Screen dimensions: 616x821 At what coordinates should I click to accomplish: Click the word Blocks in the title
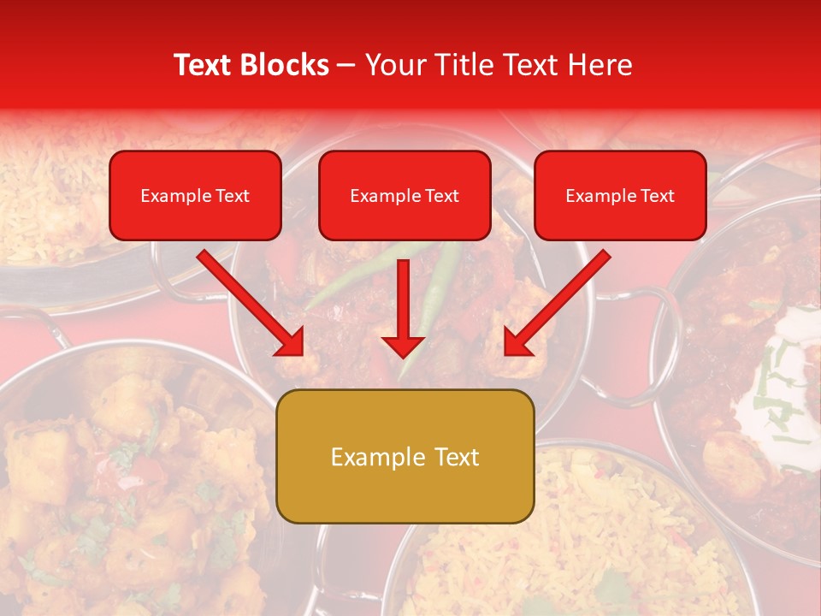coord(284,65)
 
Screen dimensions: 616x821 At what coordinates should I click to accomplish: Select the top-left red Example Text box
coord(195,196)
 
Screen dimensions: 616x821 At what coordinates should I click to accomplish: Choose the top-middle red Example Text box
coord(405,196)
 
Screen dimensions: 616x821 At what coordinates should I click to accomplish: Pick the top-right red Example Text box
coord(620,196)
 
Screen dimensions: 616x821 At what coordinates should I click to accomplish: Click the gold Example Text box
coord(405,456)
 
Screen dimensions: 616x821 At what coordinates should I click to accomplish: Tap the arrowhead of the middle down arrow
coord(404,346)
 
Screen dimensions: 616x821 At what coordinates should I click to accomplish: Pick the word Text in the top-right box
coord(657,196)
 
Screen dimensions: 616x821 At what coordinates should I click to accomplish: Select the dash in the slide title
coord(346,66)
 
